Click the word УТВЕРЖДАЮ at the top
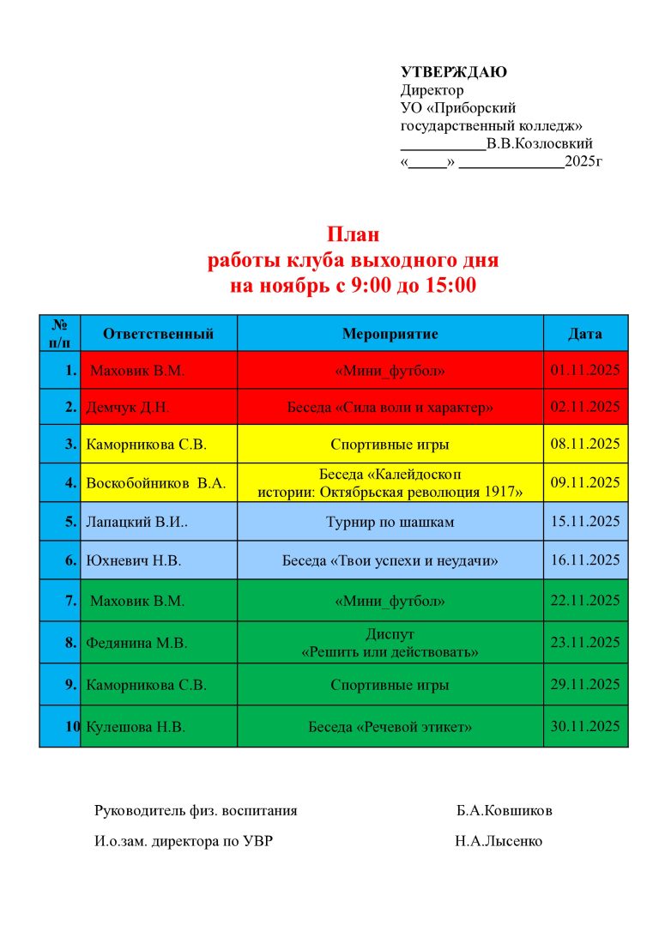tap(454, 72)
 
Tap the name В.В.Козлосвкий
tap(539, 143)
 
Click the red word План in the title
tap(353, 234)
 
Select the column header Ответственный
tap(158, 334)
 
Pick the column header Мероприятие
tap(390, 334)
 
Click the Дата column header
tap(585, 334)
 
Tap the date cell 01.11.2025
tap(585, 371)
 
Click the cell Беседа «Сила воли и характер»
tap(390, 407)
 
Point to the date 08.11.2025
tap(585, 445)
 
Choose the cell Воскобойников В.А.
tap(155, 483)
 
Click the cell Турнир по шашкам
tap(390, 522)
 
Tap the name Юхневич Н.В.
tap(134, 561)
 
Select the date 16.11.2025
tap(585, 561)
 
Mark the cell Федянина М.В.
tap(136, 643)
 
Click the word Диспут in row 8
tap(390, 634)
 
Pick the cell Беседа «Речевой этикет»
tap(390, 727)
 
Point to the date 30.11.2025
tap(585, 727)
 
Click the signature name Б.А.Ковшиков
tap(505, 810)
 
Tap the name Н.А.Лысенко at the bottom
tap(499, 842)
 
